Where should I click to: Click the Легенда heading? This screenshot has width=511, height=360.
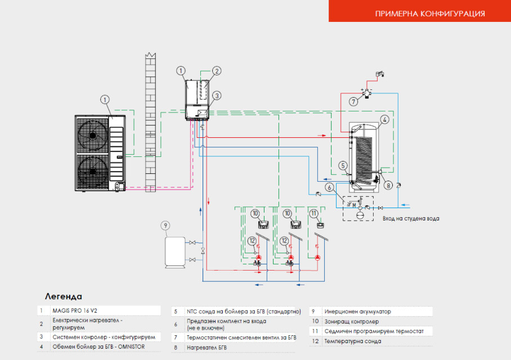click(x=63, y=296)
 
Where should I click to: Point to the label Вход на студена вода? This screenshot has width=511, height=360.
click(x=410, y=218)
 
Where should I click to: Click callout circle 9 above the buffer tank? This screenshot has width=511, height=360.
click(x=165, y=226)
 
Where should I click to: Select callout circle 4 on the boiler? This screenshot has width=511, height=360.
click(x=384, y=119)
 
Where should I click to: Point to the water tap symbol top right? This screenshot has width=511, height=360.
click(x=379, y=74)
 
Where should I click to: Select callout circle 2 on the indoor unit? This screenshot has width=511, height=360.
click(x=216, y=71)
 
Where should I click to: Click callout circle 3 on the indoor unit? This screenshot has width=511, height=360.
click(x=216, y=96)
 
